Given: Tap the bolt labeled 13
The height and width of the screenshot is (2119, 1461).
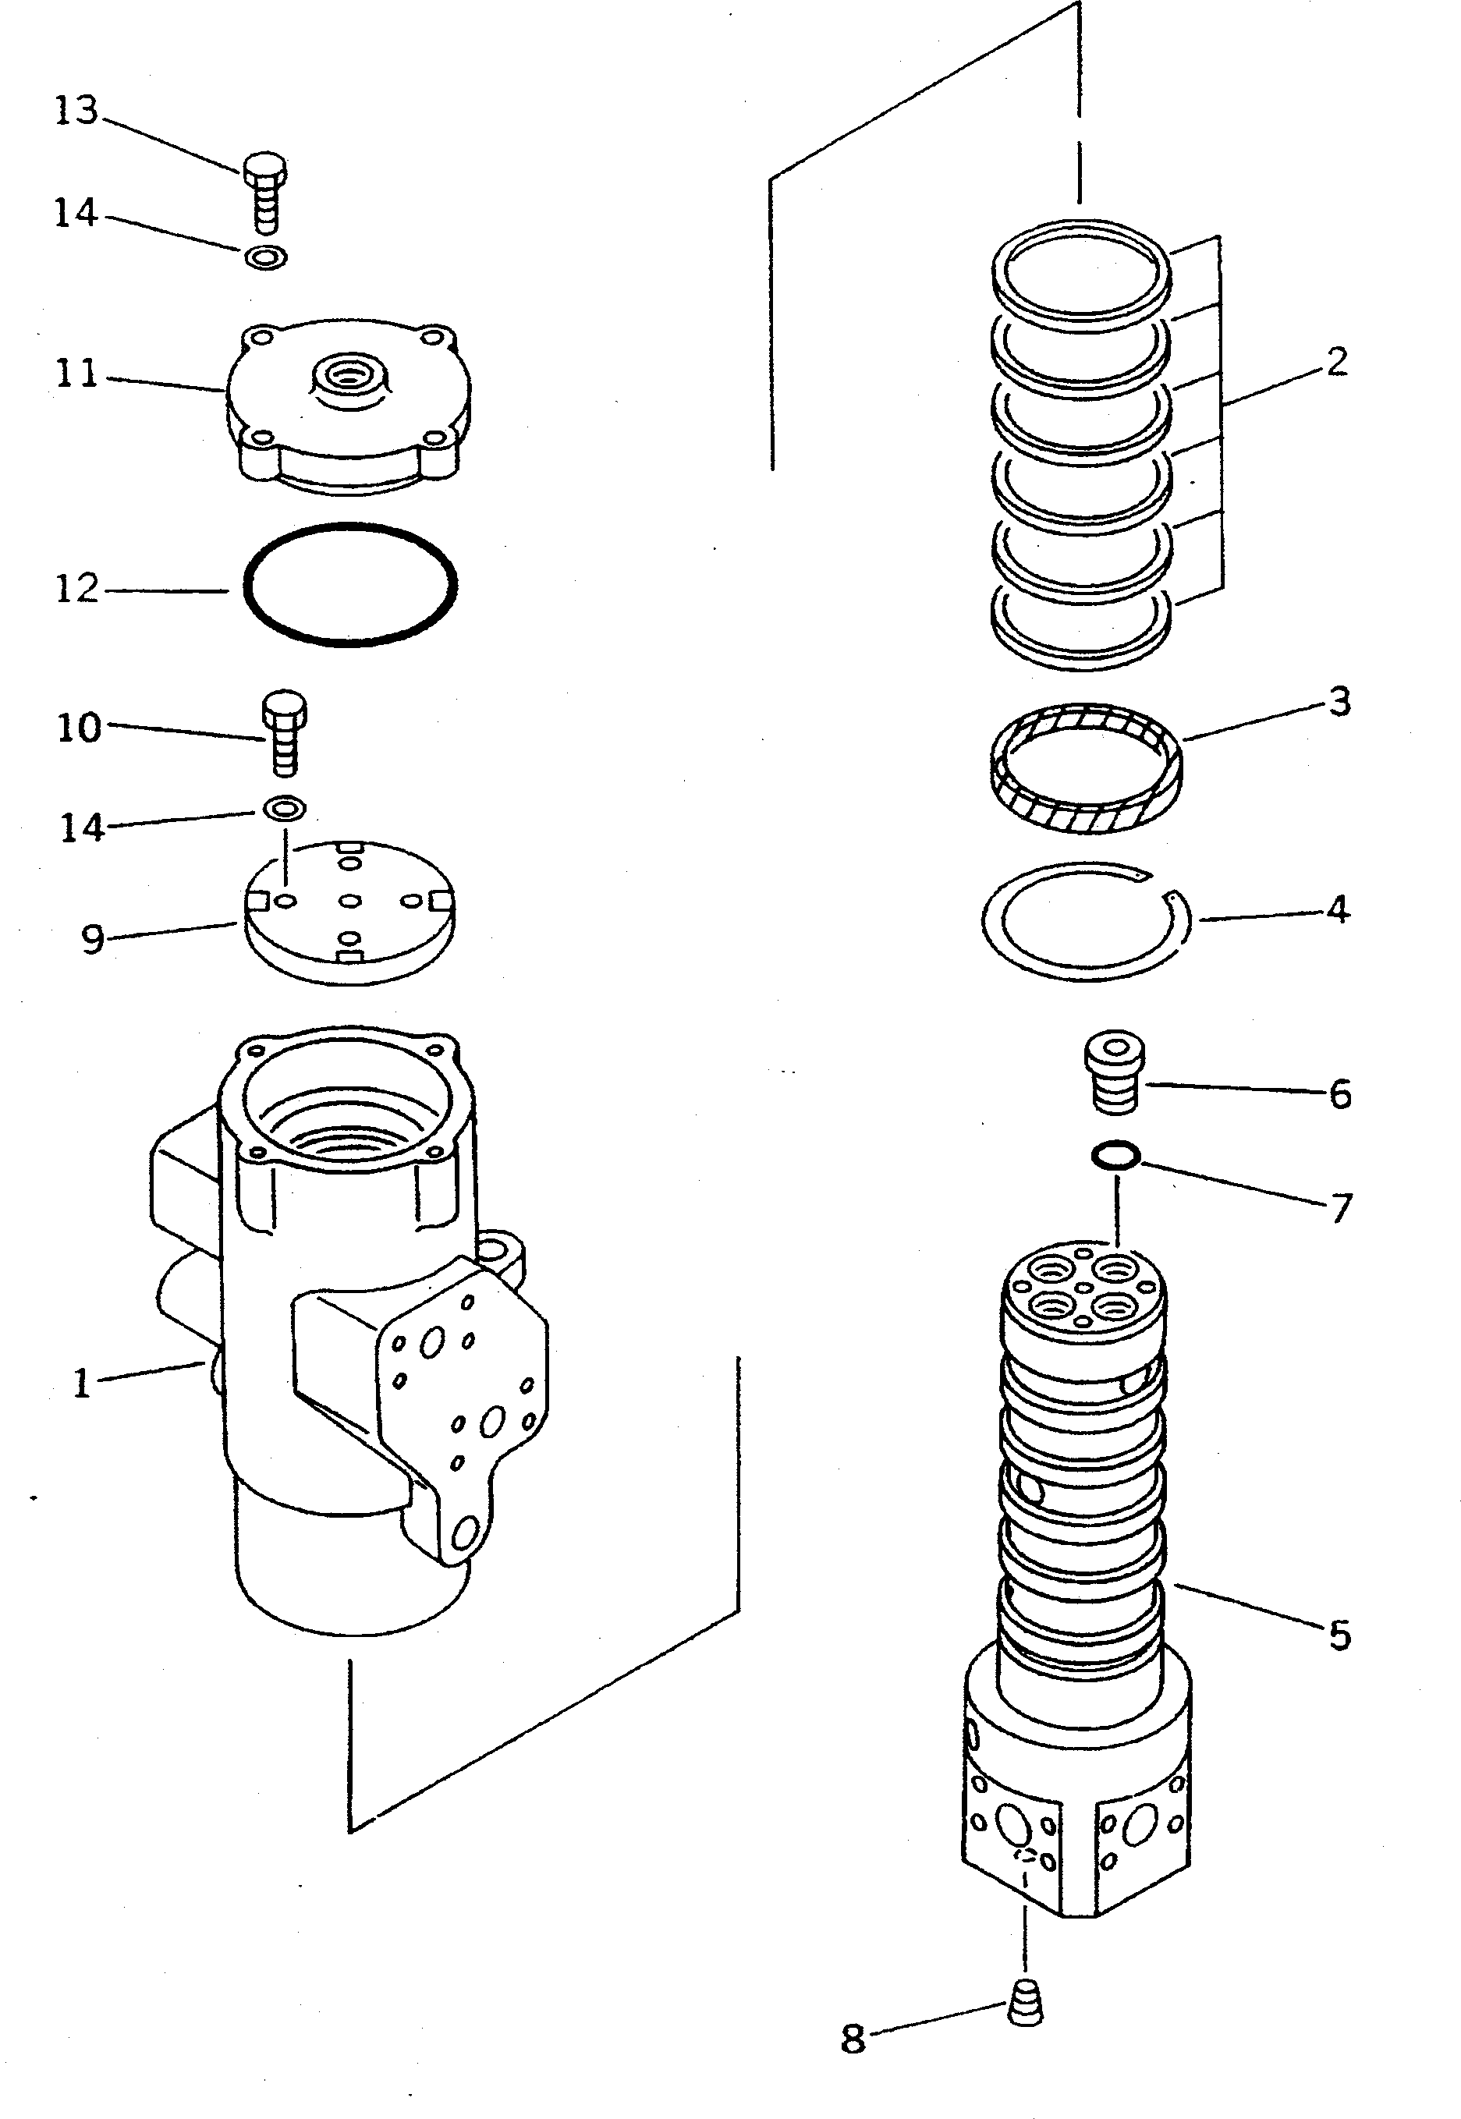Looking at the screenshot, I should (264, 191).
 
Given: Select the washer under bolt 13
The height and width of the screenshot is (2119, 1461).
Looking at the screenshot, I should (265, 258).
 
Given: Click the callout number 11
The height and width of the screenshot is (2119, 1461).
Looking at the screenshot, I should (77, 374).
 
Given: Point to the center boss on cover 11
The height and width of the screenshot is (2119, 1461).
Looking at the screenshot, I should (347, 376).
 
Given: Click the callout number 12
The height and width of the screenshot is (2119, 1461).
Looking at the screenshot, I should (77, 590).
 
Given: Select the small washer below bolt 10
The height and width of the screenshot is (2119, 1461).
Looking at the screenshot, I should (285, 808).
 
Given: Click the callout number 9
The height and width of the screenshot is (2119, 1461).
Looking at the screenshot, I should (93, 939).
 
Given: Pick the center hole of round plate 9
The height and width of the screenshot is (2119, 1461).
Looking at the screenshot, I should (349, 902).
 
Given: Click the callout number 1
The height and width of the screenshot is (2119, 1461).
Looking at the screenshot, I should (81, 1384).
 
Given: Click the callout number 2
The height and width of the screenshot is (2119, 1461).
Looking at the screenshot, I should (1336, 362).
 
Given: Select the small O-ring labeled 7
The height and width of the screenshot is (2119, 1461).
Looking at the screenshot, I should (1115, 1156).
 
